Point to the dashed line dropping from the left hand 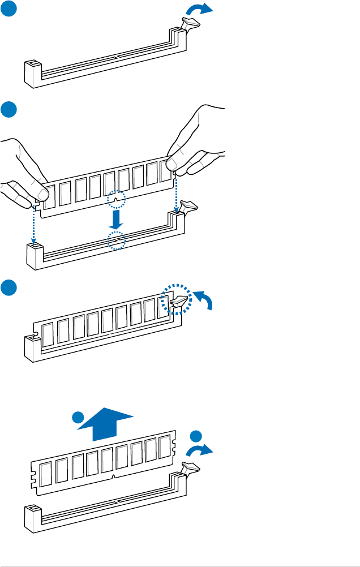pyautogui.click(x=34, y=224)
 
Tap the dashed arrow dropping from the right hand pyautogui.click(x=177, y=195)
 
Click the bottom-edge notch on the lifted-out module pyautogui.click(x=114, y=476)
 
